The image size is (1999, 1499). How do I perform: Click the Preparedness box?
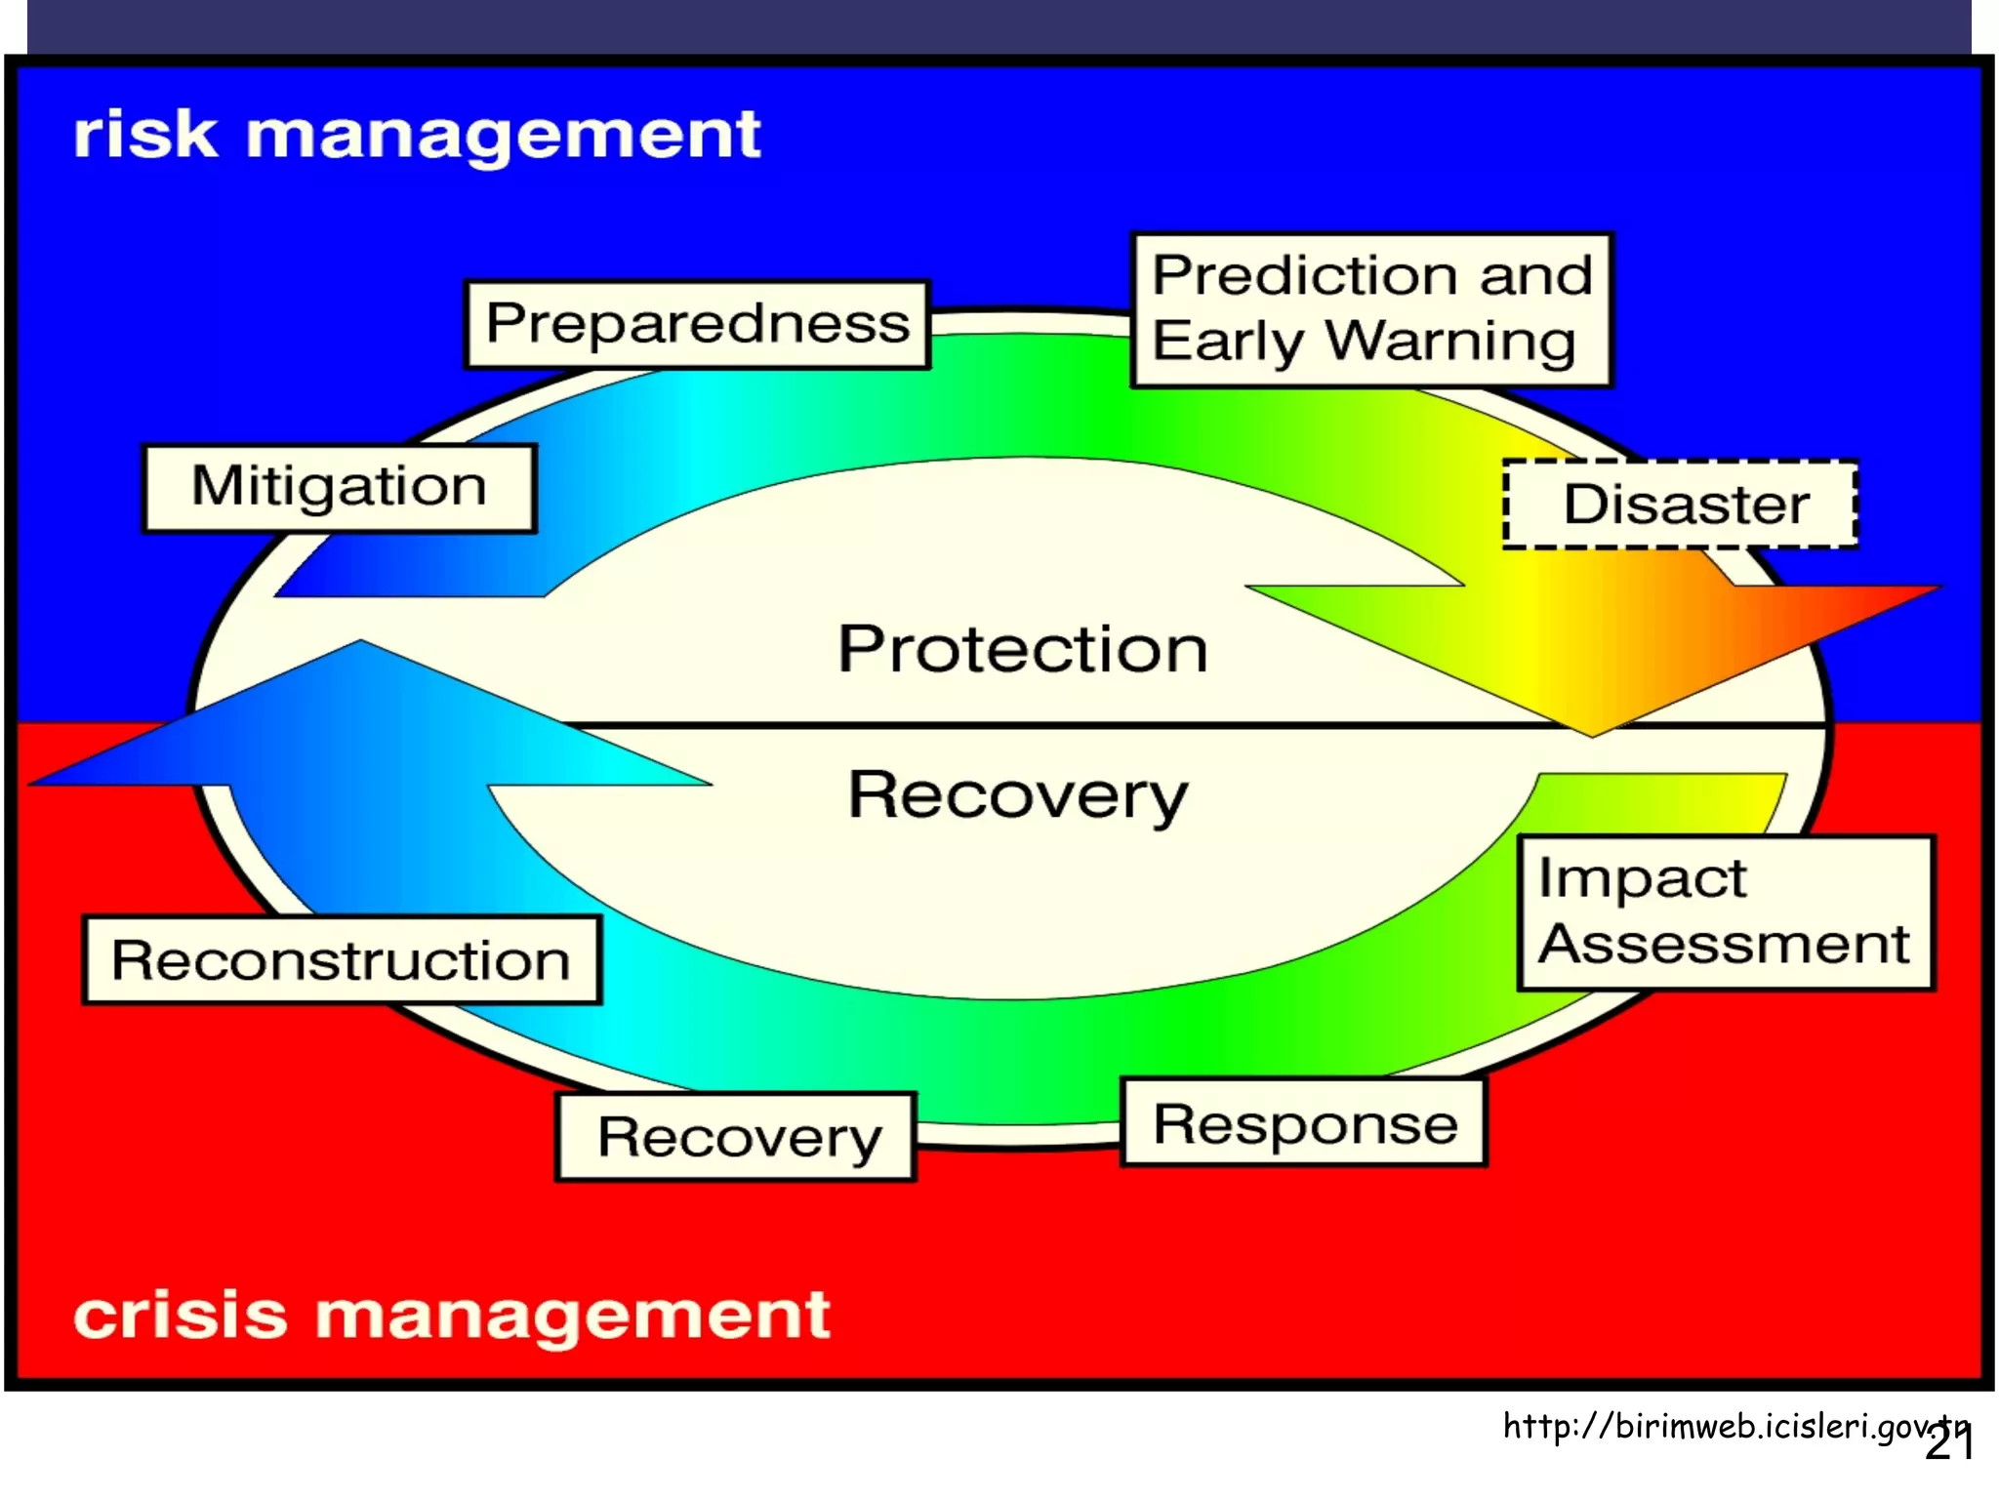697,324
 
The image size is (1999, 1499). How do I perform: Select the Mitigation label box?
339,487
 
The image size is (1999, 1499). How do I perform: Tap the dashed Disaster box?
1680,505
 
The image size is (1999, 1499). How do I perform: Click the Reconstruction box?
342,960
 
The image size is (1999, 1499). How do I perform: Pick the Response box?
1304,1123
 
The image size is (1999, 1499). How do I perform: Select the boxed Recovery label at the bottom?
737,1137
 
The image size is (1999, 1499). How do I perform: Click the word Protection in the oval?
1022,649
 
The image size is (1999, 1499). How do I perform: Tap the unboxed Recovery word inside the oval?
1017,795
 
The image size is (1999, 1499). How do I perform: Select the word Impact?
1642,878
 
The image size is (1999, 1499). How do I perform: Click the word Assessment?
1724,945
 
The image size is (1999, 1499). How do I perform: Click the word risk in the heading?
146,134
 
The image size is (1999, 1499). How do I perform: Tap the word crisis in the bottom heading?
181,1315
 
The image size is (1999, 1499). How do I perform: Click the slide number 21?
1949,1444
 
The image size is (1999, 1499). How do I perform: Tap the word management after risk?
503,136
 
